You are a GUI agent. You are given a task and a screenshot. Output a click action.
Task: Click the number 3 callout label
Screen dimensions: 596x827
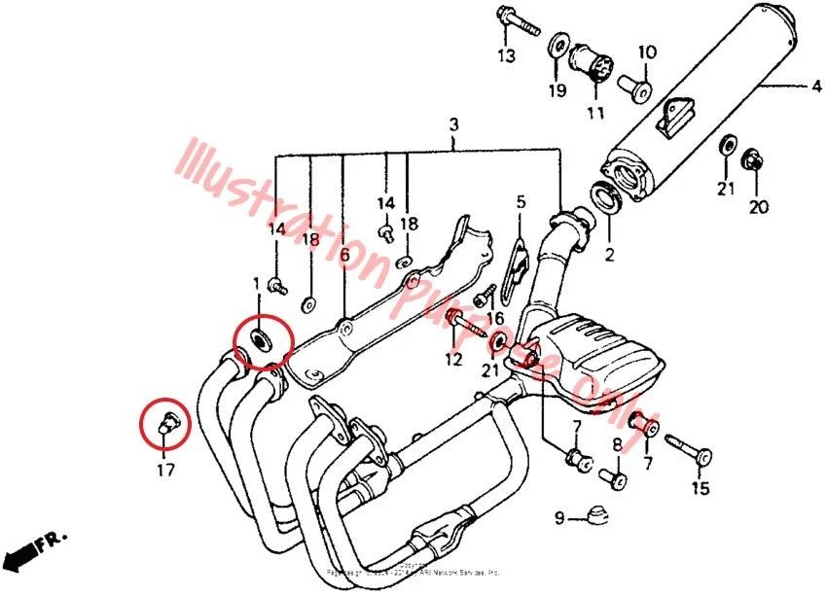[x=453, y=124]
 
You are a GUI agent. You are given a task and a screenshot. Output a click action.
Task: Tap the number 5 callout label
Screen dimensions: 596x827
[x=521, y=202]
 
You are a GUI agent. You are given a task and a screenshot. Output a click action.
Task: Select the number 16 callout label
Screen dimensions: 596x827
[x=497, y=317]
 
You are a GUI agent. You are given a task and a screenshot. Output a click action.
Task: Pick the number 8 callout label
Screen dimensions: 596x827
[x=616, y=444]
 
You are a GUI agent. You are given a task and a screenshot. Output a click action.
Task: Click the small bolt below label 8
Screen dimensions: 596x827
[x=614, y=476]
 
